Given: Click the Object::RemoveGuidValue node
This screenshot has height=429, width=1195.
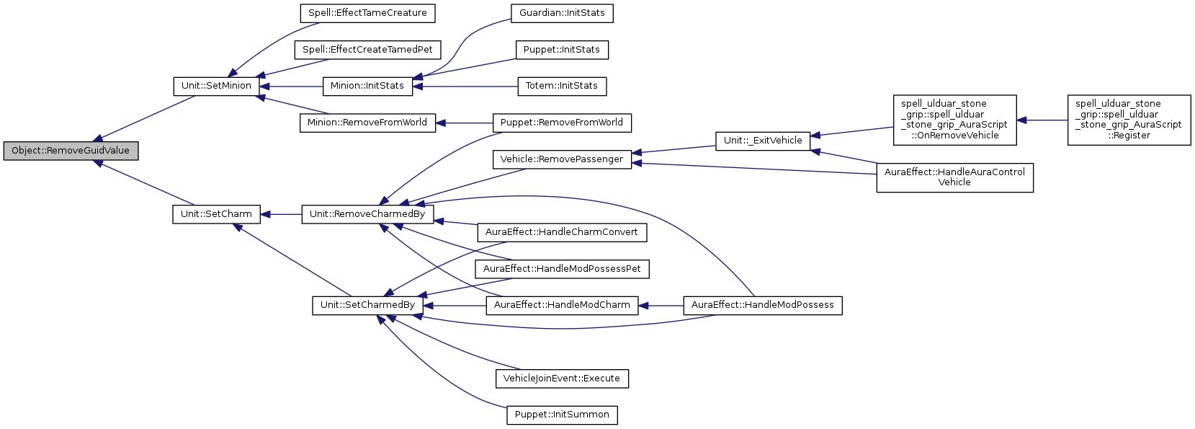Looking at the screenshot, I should coord(71,151).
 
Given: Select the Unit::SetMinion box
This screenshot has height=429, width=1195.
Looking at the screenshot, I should coord(216,86).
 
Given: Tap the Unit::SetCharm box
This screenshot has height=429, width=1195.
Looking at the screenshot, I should coord(216,214).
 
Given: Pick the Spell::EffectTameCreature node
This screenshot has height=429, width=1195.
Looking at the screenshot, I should coord(367,13).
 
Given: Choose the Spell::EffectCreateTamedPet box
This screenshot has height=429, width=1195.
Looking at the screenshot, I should coord(367,50).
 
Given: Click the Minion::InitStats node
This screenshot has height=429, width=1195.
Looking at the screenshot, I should coord(367,86).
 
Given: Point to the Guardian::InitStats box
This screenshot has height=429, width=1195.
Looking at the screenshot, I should coord(562,13).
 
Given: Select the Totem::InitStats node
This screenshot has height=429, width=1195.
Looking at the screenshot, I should coord(562,86).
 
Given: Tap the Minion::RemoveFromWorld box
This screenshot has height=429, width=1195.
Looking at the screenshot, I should coord(367,123).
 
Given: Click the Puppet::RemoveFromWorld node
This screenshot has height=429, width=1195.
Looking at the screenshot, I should coord(562,123).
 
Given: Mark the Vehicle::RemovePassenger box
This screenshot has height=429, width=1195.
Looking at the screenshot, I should coord(562,159).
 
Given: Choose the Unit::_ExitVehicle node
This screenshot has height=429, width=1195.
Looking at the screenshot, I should coord(763,141).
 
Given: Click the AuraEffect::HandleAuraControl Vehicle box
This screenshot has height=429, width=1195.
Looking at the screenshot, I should coord(954,177).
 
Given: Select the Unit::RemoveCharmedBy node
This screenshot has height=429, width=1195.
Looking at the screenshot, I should coord(367,214).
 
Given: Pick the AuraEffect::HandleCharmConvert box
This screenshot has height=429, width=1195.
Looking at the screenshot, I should coord(562,232).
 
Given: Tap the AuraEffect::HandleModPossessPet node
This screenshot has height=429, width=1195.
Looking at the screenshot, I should coord(562,269).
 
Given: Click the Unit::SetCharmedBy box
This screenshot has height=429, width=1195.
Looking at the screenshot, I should coord(367,305).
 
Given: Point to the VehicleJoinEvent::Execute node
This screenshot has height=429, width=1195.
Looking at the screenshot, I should coord(562,379).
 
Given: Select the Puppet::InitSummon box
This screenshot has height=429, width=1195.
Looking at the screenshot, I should coord(562,415).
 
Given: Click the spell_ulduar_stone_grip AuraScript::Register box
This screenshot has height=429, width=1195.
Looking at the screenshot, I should coord(1129,120).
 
